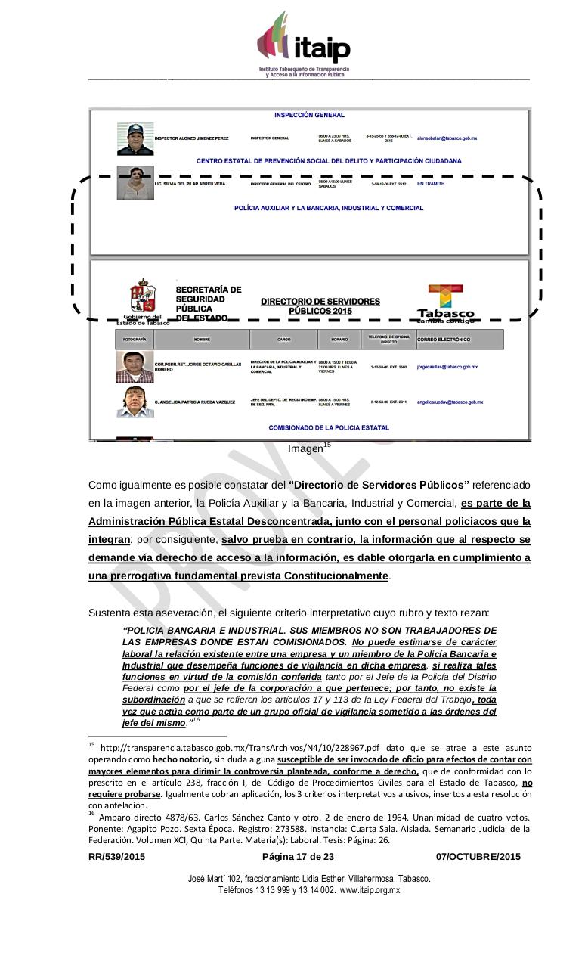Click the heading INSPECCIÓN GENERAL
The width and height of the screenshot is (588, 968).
pos(309,116)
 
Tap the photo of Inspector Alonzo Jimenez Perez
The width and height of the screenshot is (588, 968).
pos(135,138)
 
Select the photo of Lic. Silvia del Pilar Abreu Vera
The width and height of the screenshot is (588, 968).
pos(135,183)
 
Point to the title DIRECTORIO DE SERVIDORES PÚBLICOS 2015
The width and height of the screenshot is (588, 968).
pos(320,306)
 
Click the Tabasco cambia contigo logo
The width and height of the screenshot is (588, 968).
pos(446,302)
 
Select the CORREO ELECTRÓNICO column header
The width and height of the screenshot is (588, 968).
pos(444,340)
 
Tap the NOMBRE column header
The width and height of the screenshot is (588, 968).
pos(201,340)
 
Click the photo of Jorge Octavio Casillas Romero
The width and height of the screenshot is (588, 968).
pos(135,367)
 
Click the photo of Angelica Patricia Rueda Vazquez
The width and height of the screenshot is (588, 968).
pos(135,402)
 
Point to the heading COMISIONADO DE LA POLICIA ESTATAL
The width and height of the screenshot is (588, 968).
pos(329,427)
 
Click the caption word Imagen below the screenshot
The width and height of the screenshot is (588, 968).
pos(305,449)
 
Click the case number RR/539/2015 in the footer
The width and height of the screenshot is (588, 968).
pos(116,857)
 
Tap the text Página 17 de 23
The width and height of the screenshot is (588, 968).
pos(298,857)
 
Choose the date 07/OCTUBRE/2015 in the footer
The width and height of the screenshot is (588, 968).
pos(478,857)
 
